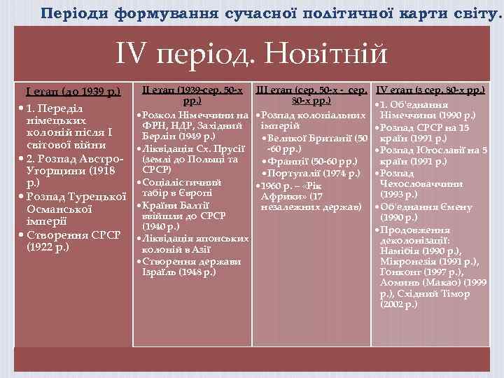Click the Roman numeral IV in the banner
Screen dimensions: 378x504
point(134,54)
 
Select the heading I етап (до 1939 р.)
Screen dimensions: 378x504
point(73,91)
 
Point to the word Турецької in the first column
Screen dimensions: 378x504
point(97,195)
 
